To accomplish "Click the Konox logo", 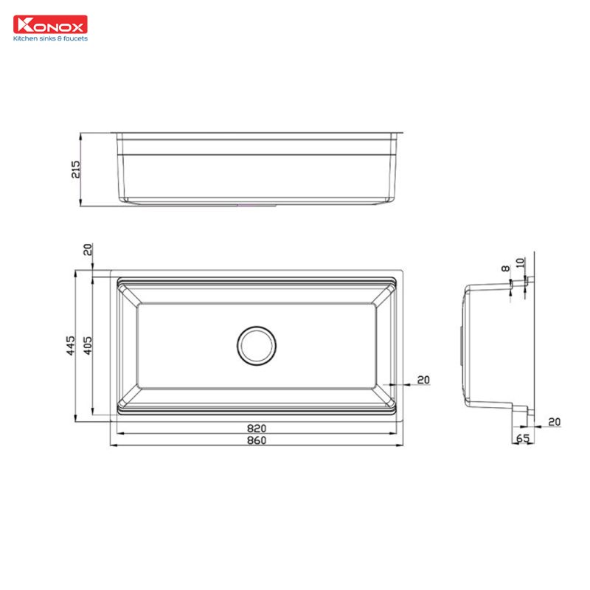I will [50, 25].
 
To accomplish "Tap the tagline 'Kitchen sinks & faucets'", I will [50, 38].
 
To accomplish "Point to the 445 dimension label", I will [71, 344].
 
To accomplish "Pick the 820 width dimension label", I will [256, 428].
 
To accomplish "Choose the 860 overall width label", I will [256, 440].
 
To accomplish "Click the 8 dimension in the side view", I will [505, 270].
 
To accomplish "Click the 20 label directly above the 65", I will [554, 422].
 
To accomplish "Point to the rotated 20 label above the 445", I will [88, 250].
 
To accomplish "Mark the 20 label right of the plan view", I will [423, 380].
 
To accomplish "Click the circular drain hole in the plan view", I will [257, 344].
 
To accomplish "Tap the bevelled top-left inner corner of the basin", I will [127, 294].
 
